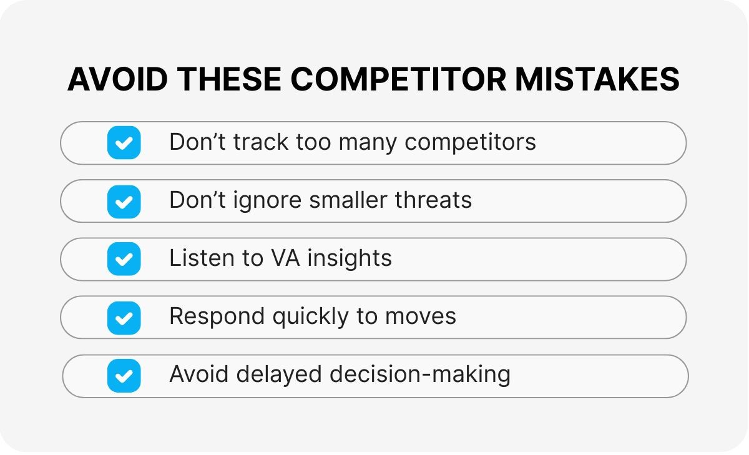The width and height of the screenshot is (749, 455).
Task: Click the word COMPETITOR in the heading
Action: point(398,79)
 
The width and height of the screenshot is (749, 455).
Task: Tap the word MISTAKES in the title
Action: point(597,79)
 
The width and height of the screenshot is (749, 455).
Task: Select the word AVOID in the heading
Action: point(117,79)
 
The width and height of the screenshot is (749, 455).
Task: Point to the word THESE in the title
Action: point(229,79)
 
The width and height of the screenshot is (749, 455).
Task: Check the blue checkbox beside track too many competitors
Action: point(124,143)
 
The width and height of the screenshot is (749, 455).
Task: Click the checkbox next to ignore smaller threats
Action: point(124,202)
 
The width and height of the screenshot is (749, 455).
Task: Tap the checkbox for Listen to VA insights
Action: point(124,259)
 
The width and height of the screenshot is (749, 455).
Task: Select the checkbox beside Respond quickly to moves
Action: point(124,318)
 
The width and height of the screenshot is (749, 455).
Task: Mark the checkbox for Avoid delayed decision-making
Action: point(124,376)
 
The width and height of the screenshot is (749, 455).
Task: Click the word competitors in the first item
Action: point(470,143)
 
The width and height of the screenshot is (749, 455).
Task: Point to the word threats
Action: point(433,200)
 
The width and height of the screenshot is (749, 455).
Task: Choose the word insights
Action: point(350,259)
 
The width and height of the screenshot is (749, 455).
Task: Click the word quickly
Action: point(311,316)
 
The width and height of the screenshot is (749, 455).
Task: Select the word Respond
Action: point(217,317)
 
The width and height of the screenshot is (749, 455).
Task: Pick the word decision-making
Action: point(420,374)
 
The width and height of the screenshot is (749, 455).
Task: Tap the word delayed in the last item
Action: point(279,374)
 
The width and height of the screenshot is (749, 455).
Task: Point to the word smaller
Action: point(348,200)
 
